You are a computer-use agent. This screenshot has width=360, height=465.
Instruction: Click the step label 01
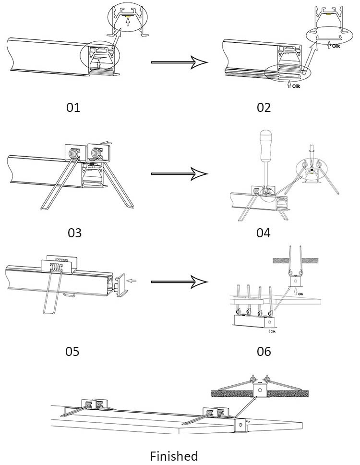(73, 107)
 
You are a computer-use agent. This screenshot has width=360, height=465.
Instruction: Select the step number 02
(264, 107)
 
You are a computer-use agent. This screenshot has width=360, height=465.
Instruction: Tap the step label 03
(74, 233)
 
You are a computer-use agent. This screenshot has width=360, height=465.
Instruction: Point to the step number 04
(264, 233)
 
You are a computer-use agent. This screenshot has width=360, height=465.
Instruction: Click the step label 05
(72, 351)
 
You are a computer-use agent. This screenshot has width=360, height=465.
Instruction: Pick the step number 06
(264, 351)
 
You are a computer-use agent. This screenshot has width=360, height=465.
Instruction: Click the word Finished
(174, 455)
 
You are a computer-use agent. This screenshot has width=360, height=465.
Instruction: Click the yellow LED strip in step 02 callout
(330, 14)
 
